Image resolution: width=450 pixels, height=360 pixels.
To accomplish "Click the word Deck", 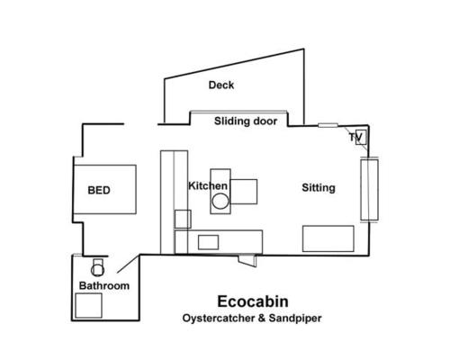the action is click(x=221, y=85).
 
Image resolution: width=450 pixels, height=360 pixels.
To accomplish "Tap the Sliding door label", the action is click(x=246, y=121).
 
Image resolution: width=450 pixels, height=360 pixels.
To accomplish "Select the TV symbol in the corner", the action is click(x=361, y=138).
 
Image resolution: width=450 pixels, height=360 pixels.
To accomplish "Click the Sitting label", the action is click(x=319, y=188).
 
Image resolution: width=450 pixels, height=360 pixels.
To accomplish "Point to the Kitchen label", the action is click(x=208, y=186).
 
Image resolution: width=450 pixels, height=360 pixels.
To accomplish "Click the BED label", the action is click(x=99, y=190).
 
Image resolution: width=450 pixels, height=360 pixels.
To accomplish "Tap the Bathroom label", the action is click(x=104, y=285).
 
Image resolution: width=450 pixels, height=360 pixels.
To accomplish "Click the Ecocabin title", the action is click(x=253, y=301).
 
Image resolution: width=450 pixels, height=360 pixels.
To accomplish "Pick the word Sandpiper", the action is click(x=295, y=318).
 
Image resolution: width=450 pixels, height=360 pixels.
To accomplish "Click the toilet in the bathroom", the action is click(x=97, y=267).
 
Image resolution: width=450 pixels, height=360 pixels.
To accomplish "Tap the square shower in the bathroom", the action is click(x=88, y=305).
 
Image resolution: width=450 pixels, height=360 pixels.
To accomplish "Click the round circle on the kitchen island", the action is click(x=220, y=202).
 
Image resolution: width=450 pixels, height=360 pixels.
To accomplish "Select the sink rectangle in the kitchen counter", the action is click(x=208, y=242).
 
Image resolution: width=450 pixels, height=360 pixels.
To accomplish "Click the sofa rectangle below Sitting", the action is click(x=328, y=238).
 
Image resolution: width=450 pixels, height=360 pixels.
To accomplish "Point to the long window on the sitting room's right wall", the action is click(x=369, y=190).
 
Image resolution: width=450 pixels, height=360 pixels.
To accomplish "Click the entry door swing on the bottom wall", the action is click(x=247, y=260).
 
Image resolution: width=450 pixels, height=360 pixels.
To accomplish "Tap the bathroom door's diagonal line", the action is click(x=129, y=264).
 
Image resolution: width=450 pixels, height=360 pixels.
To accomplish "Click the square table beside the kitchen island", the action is click(x=244, y=192).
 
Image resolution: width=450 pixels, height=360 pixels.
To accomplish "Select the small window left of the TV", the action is click(x=328, y=125).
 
